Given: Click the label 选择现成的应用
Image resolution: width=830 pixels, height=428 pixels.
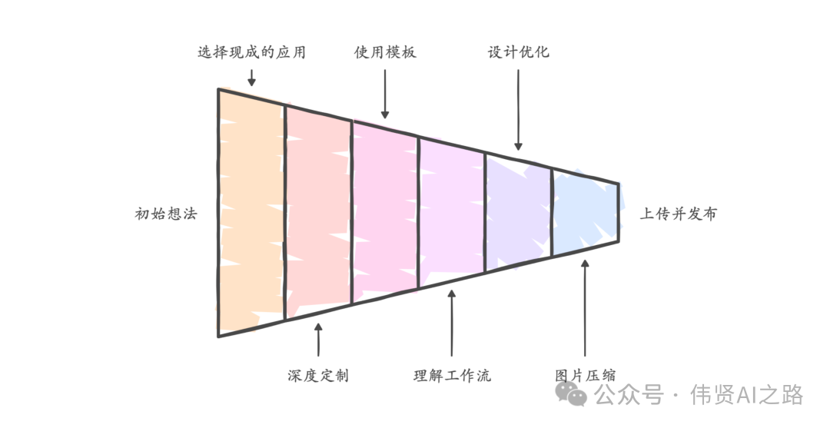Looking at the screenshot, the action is pyautogui.click(x=251, y=53).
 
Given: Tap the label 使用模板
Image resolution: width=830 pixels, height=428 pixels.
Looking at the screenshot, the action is pyautogui.click(x=385, y=53).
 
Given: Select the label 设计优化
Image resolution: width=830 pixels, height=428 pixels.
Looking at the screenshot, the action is pyautogui.click(x=519, y=53).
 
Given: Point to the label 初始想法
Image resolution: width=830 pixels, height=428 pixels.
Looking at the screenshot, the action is pyautogui.click(x=166, y=214).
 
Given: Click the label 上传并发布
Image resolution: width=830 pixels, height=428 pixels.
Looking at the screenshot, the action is pyautogui.click(x=678, y=214).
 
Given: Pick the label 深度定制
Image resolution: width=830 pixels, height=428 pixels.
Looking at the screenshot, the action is pyautogui.click(x=318, y=376).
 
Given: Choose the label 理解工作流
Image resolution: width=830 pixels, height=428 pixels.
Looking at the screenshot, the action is pyautogui.click(x=452, y=376).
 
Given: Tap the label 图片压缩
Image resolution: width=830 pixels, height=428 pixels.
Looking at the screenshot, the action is pyautogui.click(x=586, y=376).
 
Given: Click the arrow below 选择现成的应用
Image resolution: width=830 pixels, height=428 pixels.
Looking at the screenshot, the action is pyautogui.click(x=251, y=77).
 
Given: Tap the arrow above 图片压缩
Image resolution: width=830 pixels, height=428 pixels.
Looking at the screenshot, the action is pyautogui.click(x=586, y=307).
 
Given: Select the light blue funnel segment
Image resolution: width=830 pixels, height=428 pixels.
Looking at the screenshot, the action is pyautogui.click(x=585, y=214).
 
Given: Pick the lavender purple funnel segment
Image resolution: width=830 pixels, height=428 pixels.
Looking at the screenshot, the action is pyautogui.click(x=518, y=213).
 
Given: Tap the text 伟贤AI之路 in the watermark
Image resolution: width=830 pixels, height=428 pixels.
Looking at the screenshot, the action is pyautogui.click(x=746, y=395).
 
